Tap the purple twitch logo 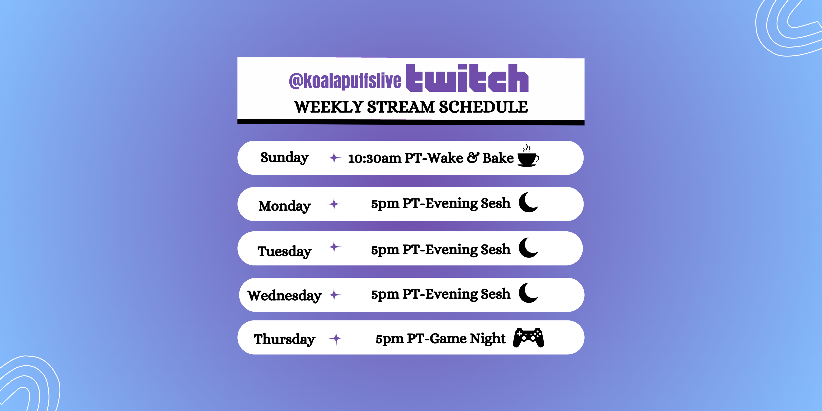click(467, 78)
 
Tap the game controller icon click(529, 338)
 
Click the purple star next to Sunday click(334, 158)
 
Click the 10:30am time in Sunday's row click(375, 158)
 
